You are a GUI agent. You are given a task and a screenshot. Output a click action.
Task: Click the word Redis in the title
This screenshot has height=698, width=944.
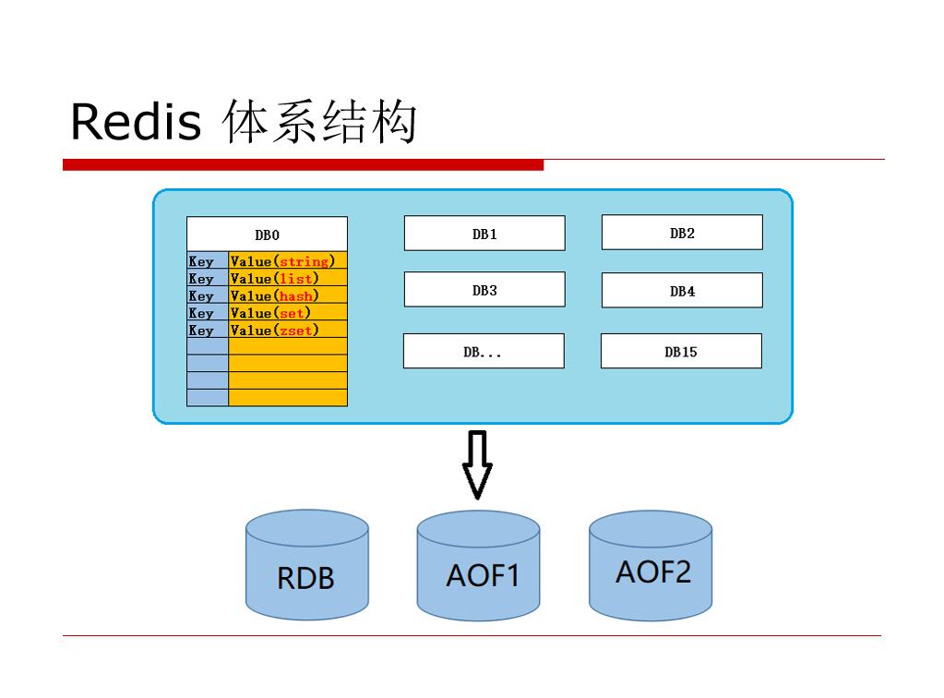click(x=136, y=122)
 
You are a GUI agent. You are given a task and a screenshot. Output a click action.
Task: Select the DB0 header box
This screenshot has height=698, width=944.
click(x=267, y=234)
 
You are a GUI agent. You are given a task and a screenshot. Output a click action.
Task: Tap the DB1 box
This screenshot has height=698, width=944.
click(x=484, y=234)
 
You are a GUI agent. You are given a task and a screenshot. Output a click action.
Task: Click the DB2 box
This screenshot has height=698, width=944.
click(x=682, y=233)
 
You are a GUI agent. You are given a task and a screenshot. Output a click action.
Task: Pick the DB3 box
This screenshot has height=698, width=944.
click(x=484, y=290)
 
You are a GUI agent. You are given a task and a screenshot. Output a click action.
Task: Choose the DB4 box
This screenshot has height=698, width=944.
click(x=682, y=291)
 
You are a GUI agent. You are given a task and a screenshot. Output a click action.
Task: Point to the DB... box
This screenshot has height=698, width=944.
click(x=484, y=352)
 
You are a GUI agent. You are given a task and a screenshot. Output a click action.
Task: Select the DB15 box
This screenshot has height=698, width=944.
click(x=681, y=352)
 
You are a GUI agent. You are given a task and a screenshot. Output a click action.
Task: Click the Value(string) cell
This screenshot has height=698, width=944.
click(x=287, y=261)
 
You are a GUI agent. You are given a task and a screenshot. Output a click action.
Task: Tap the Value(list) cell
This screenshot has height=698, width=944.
click(x=287, y=278)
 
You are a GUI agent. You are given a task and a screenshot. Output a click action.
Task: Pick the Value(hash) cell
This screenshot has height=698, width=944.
click(x=287, y=295)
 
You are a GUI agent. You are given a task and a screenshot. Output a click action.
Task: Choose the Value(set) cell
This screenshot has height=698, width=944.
click(x=287, y=313)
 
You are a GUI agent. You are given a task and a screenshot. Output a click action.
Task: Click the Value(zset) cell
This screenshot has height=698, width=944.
click(x=287, y=330)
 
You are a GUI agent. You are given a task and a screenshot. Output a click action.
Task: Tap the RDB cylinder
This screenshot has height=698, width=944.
click(x=306, y=565)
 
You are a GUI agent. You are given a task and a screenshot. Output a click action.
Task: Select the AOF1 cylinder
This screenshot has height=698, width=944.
click(x=478, y=565)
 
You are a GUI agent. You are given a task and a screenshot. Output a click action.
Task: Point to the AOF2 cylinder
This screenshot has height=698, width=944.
click(x=651, y=565)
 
